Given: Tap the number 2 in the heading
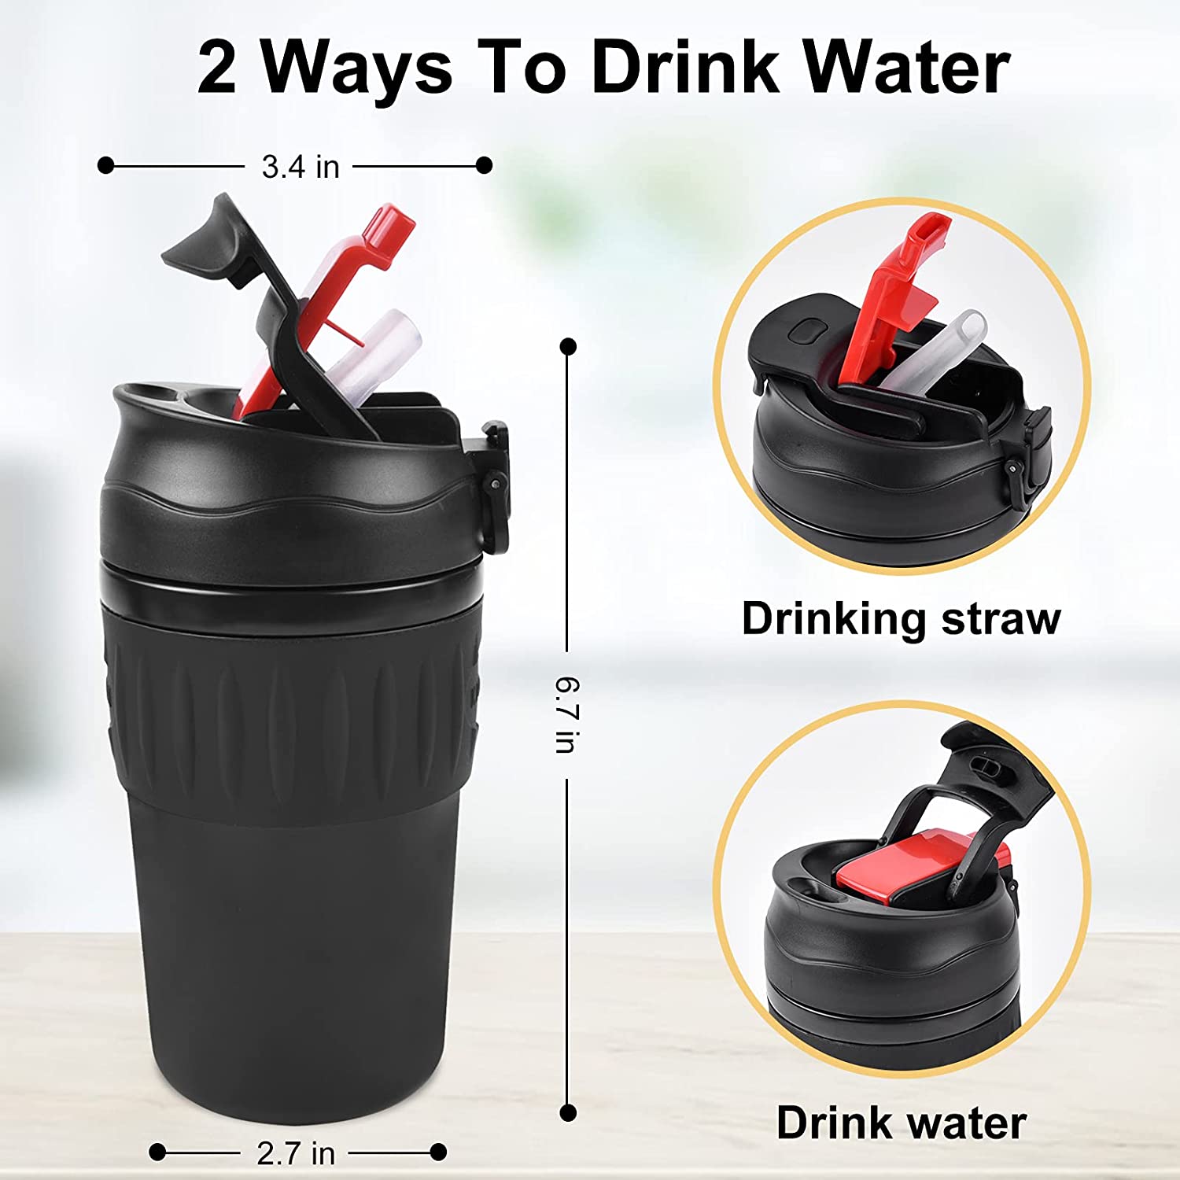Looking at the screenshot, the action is [216, 68].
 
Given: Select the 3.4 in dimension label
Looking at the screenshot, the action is [301, 167].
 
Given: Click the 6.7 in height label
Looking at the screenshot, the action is [567, 715].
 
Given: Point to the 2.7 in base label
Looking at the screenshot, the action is [296, 1153].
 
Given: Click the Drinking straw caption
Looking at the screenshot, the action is [902, 618].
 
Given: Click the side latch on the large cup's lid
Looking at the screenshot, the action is [494, 484].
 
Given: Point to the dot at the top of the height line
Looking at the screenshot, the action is [568, 346].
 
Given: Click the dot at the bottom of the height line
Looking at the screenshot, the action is [568, 1112].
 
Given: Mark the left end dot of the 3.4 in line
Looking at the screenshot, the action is [105, 165].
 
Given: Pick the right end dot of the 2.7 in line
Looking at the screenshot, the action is [439, 1152].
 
